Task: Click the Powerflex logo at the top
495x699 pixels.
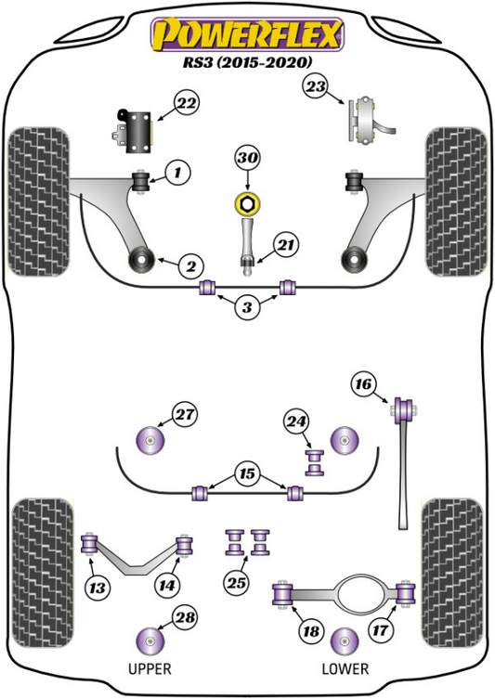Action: click(x=247, y=34)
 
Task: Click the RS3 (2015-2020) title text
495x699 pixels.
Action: click(x=247, y=62)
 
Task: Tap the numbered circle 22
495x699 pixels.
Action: click(x=186, y=103)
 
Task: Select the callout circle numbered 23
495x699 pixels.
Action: click(x=316, y=86)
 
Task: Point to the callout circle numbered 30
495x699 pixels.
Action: click(x=247, y=158)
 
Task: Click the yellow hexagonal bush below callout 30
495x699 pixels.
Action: click(x=247, y=204)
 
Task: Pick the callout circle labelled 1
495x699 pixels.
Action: click(x=178, y=172)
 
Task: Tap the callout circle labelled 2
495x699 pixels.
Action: click(x=191, y=266)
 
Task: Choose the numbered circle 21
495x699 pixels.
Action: click(x=286, y=245)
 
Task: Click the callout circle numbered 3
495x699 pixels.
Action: click(x=247, y=306)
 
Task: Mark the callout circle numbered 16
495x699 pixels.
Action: click(x=363, y=383)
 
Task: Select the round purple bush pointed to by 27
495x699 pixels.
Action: click(x=150, y=440)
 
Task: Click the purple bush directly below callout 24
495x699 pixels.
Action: click(x=315, y=462)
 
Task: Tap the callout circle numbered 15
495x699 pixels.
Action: click(x=247, y=473)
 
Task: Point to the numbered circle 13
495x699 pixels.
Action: click(x=97, y=588)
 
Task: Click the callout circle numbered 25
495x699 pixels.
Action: click(x=237, y=583)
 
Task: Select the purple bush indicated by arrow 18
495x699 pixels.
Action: click(x=281, y=594)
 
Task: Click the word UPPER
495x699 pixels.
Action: click(x=150, y=668)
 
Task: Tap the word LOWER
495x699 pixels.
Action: click(x=345, y=668)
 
